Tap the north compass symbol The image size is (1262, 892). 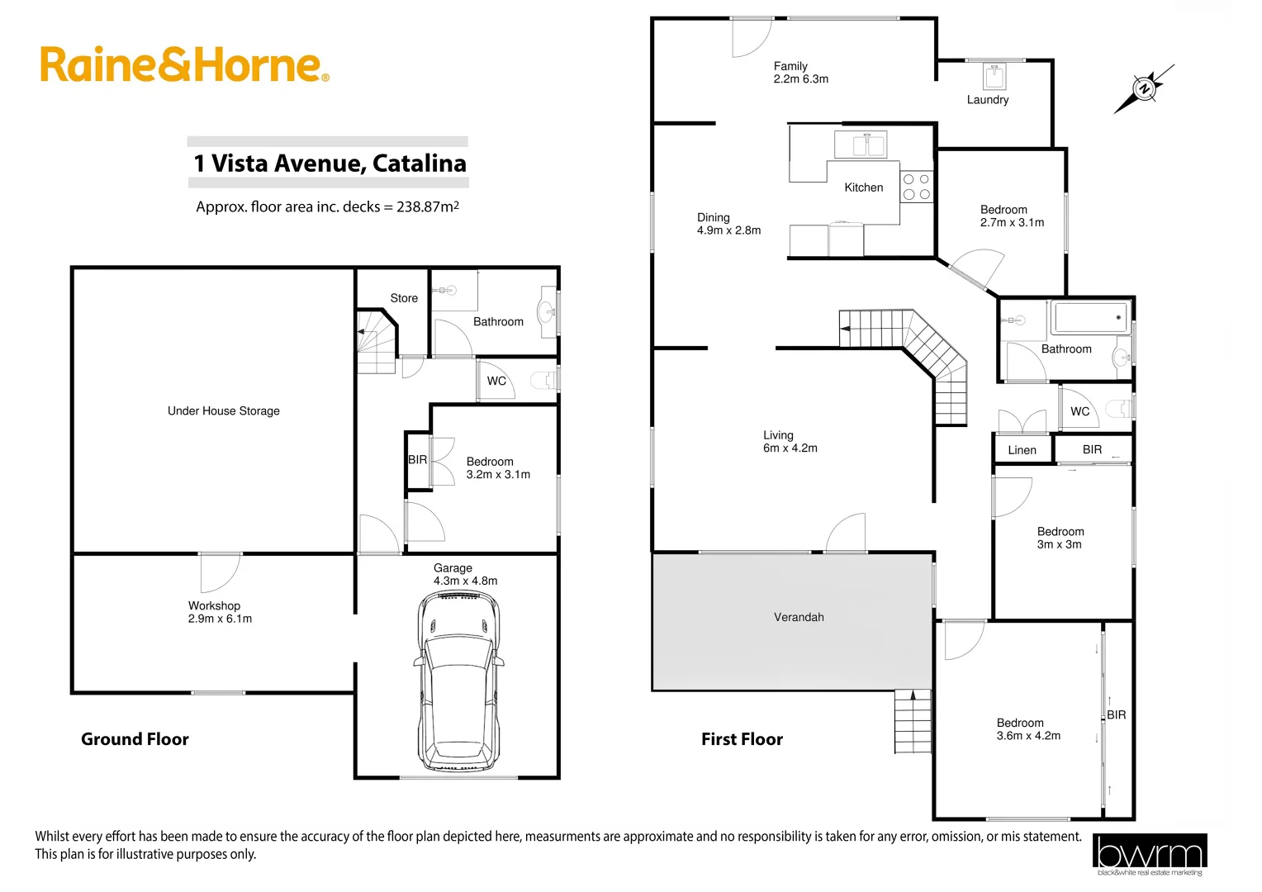click(x=1144, y=88)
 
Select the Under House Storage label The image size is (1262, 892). click(x=223, y=410)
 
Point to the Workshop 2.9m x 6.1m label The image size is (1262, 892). click(x=220, y=612)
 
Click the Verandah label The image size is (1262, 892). click(x=799, y=617)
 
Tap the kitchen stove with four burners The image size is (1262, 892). click(x=916, y=187)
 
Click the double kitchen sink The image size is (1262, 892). click(x=860, y=145)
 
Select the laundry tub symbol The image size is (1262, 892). click(x=994, y=77)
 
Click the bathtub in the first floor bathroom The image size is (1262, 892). click(x=1090, y=318)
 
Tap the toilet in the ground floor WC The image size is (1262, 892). click(x=545, y=381)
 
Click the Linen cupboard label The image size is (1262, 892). click(x=1022, y=450)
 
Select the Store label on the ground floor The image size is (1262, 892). click(x=404, y=298)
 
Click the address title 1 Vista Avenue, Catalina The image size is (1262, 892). click(x=330, y=163)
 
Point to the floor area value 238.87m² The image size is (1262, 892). click(x=428, y=206)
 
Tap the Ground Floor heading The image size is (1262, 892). click(x=135, y=739)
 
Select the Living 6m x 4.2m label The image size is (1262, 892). click(x=790, y=441)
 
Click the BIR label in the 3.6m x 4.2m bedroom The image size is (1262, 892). click(x=1117, y=714)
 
